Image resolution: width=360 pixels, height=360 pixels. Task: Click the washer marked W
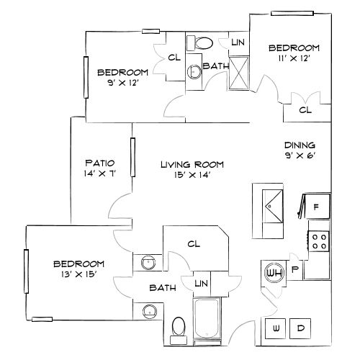pyautogui.click(x=276, y=328)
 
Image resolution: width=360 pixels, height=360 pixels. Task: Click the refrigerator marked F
pyautogui.click(x=317, y=207)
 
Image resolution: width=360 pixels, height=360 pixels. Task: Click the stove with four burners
pyautogui.click(x=320, y=240)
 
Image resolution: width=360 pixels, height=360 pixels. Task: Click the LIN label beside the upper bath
pyautogui.click(x=238, y=43)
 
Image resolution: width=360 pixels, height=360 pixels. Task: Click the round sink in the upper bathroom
pyautogui.click(x=194, y=71)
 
